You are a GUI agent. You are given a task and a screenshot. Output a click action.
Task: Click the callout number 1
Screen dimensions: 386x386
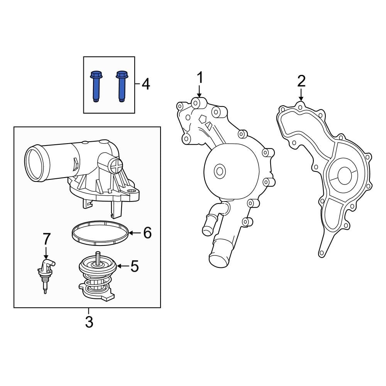pos(200,78)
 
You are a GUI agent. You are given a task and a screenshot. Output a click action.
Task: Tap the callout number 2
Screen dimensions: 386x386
pos(301,81)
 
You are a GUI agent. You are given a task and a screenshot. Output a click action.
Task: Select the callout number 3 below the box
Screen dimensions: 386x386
pos(89,322)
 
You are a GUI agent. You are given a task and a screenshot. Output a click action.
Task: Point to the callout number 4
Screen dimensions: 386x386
pos(146,84)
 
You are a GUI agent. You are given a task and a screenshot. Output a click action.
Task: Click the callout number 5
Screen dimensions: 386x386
pos(134,266)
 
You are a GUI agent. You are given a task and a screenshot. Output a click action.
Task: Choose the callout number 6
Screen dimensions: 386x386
pos(147,233)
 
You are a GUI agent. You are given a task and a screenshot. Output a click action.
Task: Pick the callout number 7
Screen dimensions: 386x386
pos(46,239)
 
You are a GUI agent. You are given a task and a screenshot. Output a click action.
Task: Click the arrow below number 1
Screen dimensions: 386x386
pos(199,92)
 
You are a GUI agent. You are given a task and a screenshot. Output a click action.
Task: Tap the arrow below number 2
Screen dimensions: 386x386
pos(301,95)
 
